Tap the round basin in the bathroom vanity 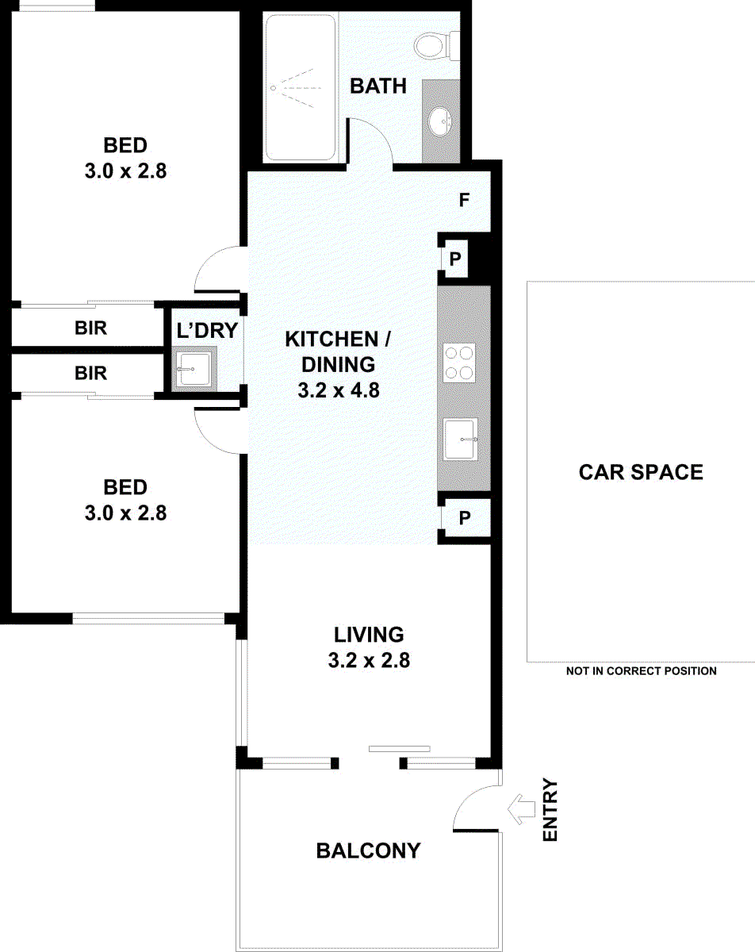tap(440, 120)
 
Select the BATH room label tap(378, 86)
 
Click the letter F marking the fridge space tap(464, 200)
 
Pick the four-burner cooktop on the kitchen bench tap(459, 363)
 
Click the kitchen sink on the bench tap(461, 440)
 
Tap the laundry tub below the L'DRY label tap(194, 368)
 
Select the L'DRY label tap(207, 331)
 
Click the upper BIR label tap(90, 328)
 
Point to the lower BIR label tap(90, 373)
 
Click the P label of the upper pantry tap(455, 259)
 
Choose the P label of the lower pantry tap(465, 517)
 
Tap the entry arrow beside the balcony tap(522, 809)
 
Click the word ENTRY tap(550, 809)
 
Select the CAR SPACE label tap(641, 472)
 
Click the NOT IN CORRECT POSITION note tap(642, 671)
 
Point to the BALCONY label tap(368, 850)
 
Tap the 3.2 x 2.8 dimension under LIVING tap(369, 660)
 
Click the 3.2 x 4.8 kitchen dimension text tap(339, 390)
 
